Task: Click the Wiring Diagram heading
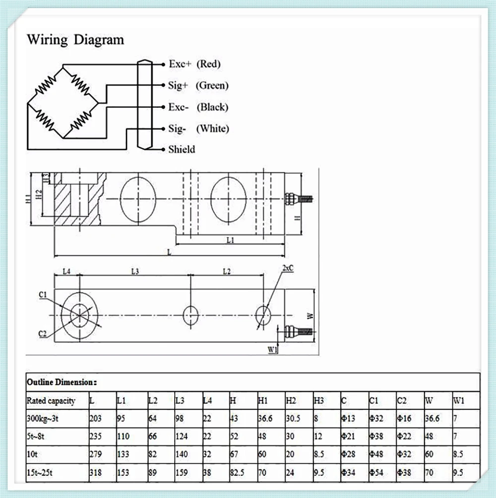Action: (x=75, y=40)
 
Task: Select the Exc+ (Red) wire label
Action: (x=194, y=64)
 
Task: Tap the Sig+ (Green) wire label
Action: (x=198, y=85)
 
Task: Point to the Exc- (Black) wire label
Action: (x=198, y=107)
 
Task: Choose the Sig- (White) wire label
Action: (x=198, y=128)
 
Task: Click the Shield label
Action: (x=182, y=149)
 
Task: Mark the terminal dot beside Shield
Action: (x=163, y=149)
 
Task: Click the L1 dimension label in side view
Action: (x=230, y=240)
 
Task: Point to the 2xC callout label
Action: (x=288, y=268)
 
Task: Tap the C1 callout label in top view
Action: (x=43, y=295)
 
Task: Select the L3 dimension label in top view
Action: (x=135, y=271)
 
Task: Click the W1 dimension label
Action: (x=272, y=350)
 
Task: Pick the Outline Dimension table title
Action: (x=62, y=382)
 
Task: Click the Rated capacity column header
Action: (x=51, y=401)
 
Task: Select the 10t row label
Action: (x=32, y=454)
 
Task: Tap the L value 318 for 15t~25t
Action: (x=96, y=473)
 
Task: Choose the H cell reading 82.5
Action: (x=237, y=473)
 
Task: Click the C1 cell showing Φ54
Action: (x=376, y=473)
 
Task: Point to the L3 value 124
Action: (x=182, y=436)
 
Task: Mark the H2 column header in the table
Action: (x=291, y=401)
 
